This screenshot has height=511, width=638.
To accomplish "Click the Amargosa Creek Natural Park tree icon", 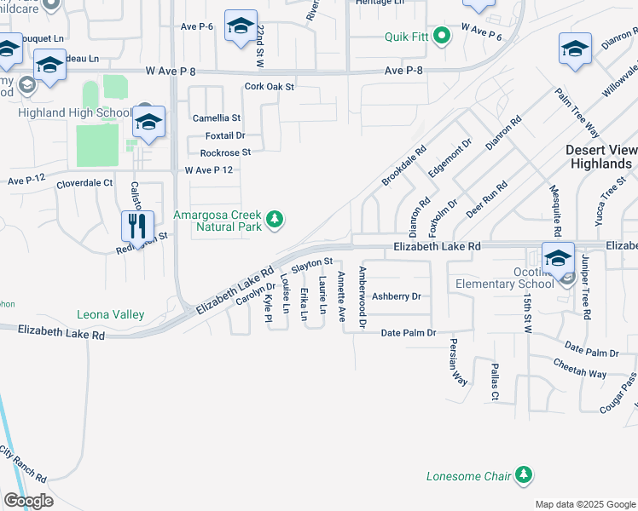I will point(274,221).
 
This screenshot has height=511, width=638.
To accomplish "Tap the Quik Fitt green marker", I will point(441,36).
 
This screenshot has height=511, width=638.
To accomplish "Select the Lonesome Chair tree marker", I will point(524,475).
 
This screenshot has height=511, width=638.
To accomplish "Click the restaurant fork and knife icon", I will point(137,227).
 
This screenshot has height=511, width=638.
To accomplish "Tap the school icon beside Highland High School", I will point(148,123).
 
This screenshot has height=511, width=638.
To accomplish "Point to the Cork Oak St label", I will point(269,87).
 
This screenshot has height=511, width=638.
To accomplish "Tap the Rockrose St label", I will point(225,152).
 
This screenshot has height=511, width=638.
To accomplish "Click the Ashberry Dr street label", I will point(397,296).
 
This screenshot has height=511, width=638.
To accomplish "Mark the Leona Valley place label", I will point(110,314).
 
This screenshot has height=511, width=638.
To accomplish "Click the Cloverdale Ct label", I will point(84,183).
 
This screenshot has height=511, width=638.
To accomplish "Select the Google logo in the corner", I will point(28,500).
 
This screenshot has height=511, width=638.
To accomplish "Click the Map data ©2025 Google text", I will point(584,504).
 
